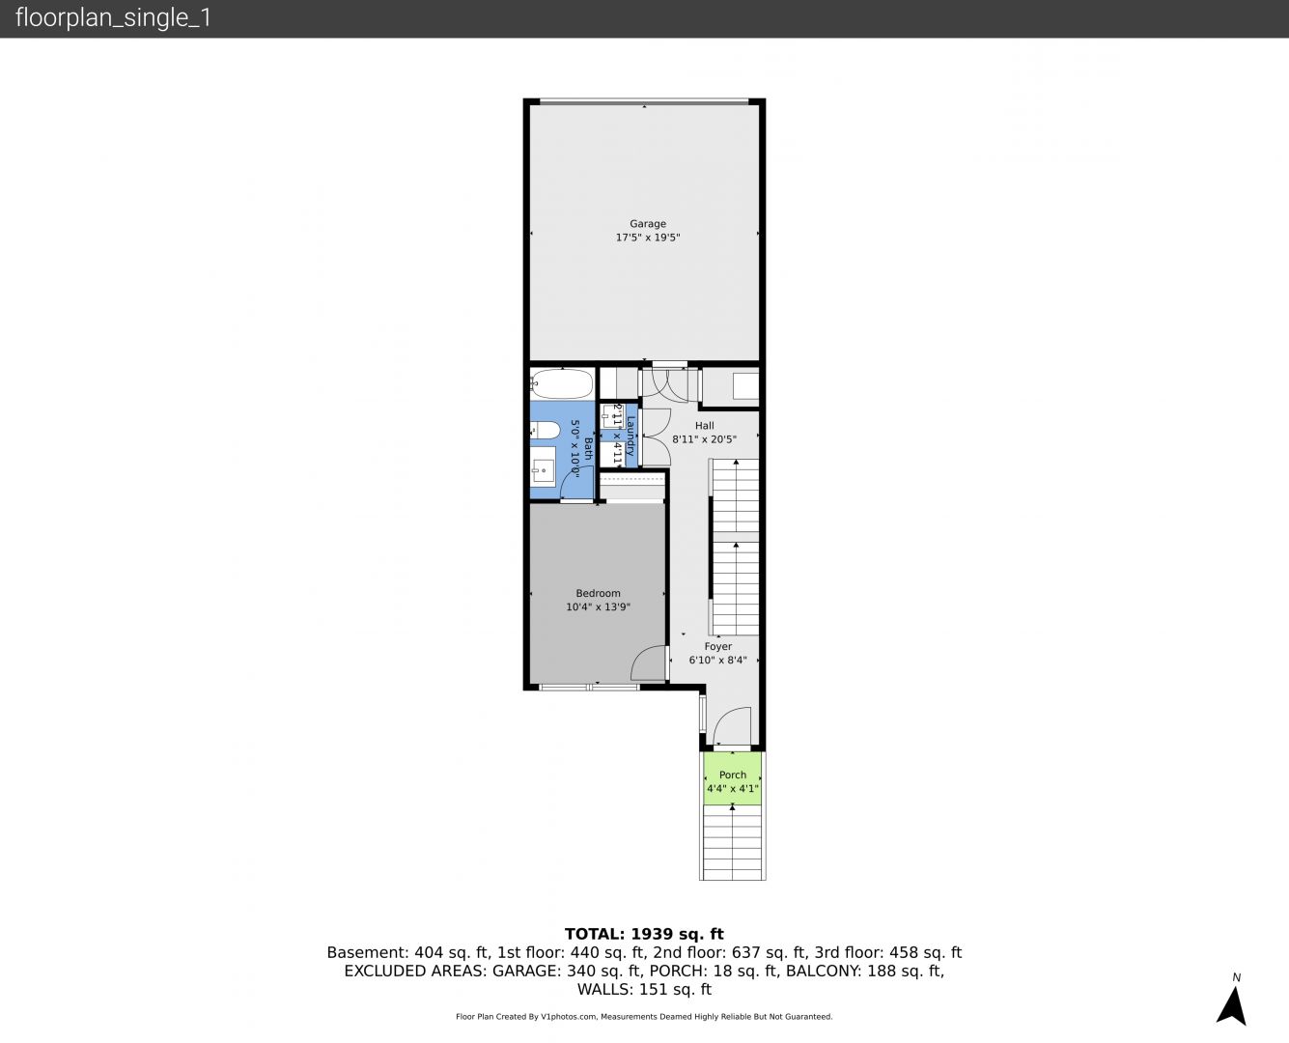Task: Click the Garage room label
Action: pos(648,223)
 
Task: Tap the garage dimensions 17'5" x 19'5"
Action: pos(648,238)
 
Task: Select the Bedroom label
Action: pos(598,593)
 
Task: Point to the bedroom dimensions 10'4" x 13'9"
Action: pos(598,606)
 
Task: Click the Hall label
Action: pos(705,426)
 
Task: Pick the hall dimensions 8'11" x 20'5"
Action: pos(705,438)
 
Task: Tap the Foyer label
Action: pos(717,646)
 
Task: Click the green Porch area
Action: pos(732,779)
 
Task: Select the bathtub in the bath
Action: pos(562,383)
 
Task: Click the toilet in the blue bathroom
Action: pos(545,431)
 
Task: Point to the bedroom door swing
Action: pos(648,663)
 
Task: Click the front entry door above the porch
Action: pos(732,725)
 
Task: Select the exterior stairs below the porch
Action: pos(732,843)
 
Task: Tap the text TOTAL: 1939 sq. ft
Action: pos(644,934)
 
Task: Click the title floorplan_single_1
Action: pos(113,17)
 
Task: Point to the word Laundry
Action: pos(630,436)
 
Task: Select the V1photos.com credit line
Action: pos(644,1017)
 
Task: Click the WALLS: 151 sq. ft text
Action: pos(644,990)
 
